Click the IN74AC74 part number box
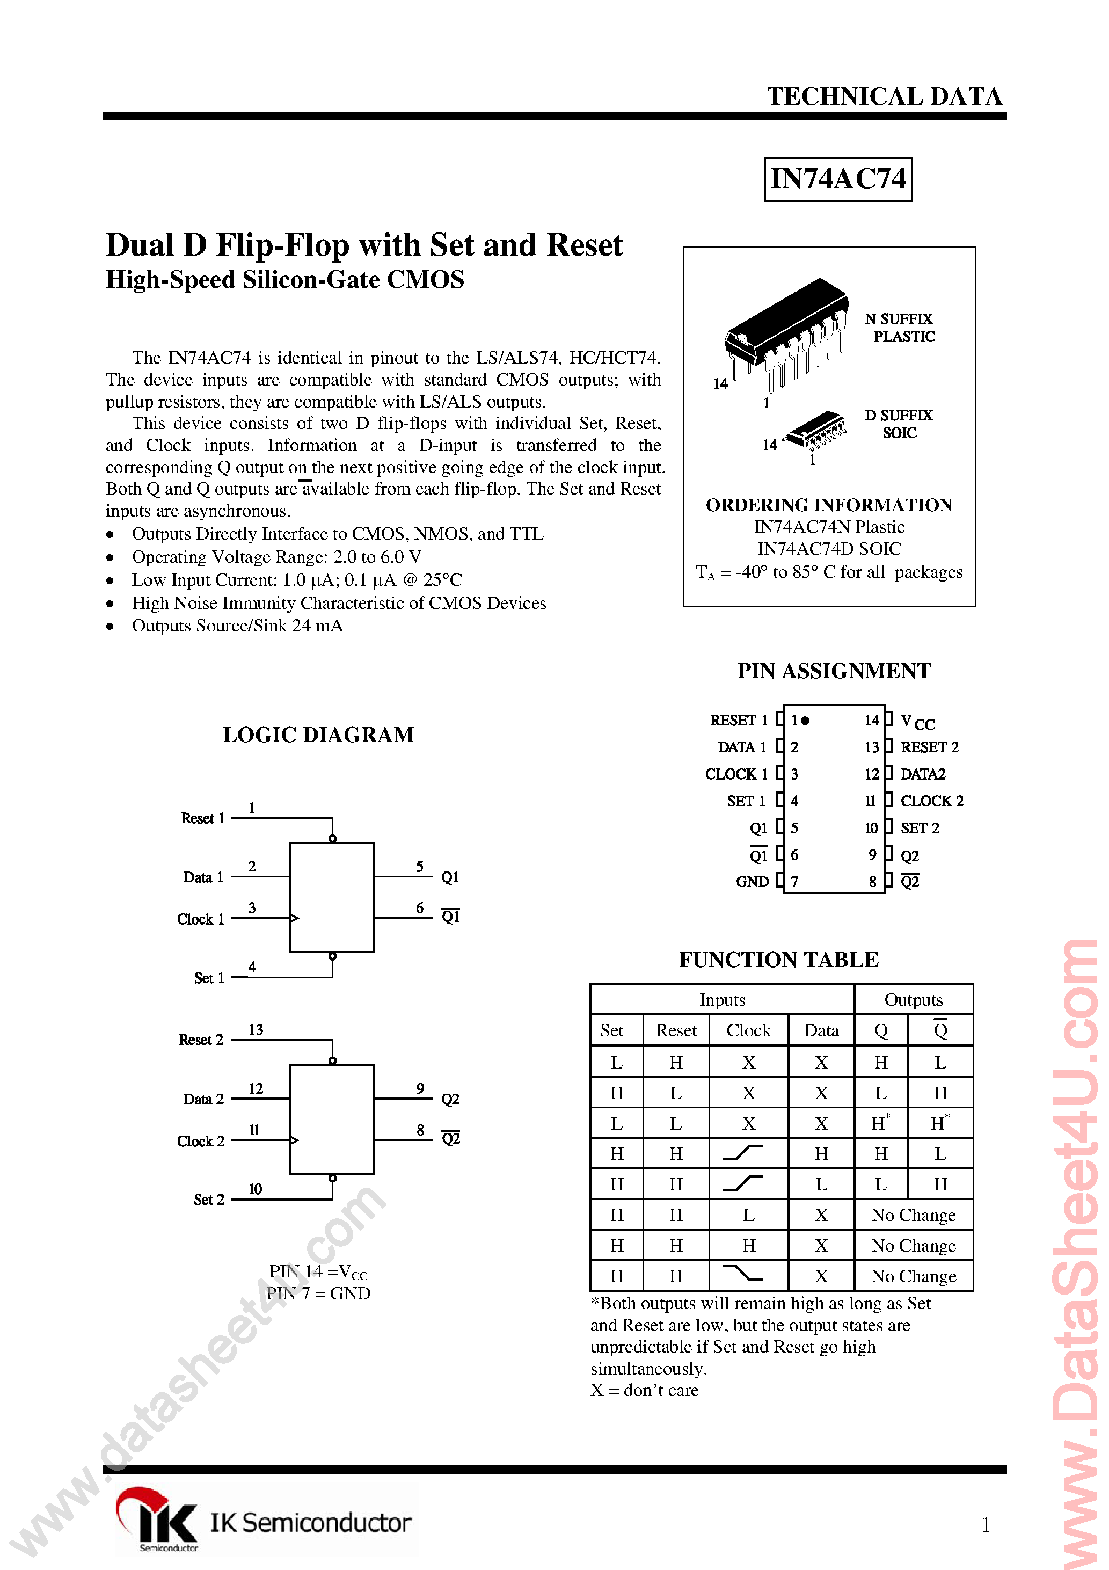click(837, 179)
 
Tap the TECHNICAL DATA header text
click(884, 97)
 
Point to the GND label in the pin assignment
click(752, 882)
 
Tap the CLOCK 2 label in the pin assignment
click(931, 801)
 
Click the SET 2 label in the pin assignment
click(920, 828)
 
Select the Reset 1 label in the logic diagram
click(202, 818)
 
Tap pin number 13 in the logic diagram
click(256, 1030)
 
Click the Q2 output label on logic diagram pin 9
click(450, 1100)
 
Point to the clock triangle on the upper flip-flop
click(295, 918)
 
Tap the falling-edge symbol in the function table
click(742, 1274)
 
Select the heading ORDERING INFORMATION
click(829, 505)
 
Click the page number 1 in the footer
click(985, 1524)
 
